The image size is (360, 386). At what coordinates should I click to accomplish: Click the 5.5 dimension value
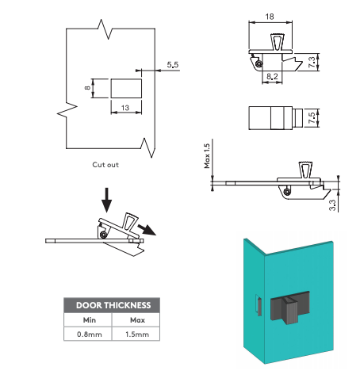[x=173, y=65]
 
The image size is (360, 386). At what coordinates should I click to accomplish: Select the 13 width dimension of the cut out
[x=125, y=108]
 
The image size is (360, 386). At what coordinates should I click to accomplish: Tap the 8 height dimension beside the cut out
[x=87, y=88]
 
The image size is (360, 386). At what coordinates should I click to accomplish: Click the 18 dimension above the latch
[x=270, y=17]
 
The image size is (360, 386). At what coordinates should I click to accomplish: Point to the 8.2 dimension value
[x=272, y=76]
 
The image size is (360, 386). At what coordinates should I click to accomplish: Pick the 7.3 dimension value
[x=312, y=62]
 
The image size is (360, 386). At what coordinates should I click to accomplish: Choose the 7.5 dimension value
[x=312, y=118]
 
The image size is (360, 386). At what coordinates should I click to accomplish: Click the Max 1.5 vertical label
[x=207, y=156]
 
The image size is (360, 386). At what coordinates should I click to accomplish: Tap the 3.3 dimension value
[x=332, y=205]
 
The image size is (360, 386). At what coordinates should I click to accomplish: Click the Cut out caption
[x=105, y=165]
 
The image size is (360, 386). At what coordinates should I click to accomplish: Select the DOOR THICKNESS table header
[x=113, y=305]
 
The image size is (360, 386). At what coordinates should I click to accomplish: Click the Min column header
[x=90, y=320]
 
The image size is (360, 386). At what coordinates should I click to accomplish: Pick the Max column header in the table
[x=137, y=320]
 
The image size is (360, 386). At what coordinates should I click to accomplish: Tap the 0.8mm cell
[x=90, y=334]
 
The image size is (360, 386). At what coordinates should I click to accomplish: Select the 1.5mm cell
[x=137, y=334]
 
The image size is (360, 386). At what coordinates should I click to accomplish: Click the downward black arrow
[x=106, y=200]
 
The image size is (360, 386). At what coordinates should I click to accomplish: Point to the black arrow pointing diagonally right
[x=147, y=230]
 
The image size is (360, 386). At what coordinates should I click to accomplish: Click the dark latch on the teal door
[x=290, y=307]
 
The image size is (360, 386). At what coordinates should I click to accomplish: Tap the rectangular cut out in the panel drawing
[x=126, y=88]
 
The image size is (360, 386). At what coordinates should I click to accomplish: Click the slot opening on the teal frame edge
[x=259, y=306]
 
